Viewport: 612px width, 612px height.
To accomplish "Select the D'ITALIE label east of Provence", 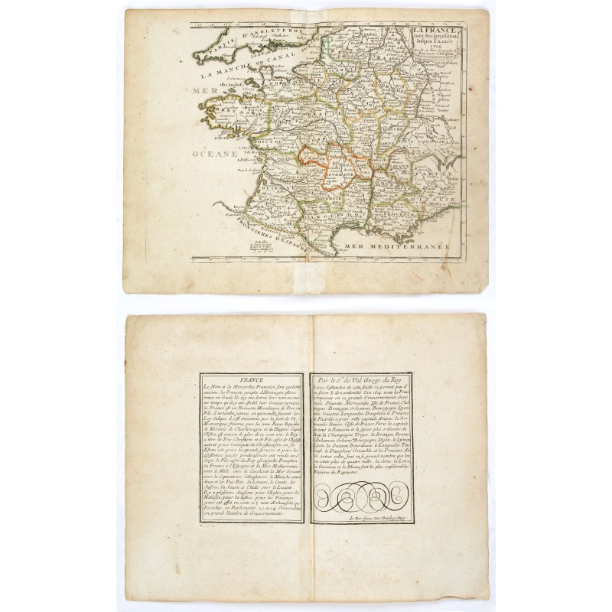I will (x=439, y=200).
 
